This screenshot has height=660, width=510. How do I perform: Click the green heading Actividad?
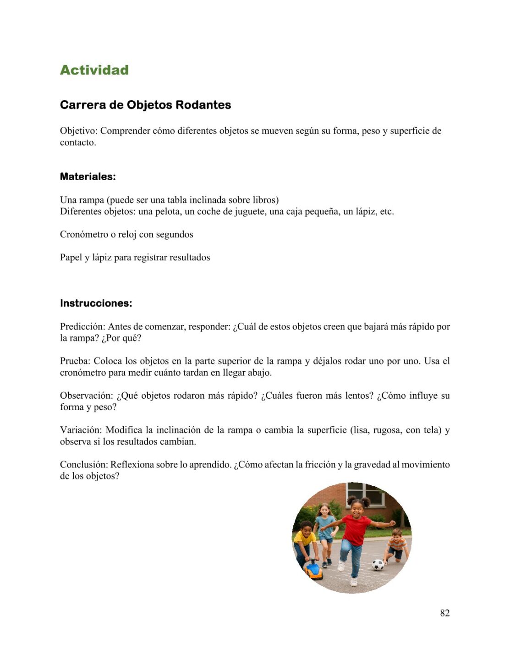(94, 70)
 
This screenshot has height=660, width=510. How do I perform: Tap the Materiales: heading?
(88, 176)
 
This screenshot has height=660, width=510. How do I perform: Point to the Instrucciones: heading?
(96, 303)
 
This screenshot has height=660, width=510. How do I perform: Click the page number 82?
(444, 613)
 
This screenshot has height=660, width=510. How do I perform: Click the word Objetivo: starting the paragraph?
(78, 131)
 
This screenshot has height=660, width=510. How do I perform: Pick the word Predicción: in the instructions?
(82, 327)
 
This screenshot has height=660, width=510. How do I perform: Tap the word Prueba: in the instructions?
(75, 361)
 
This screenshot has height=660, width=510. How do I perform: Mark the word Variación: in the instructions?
(81, 430)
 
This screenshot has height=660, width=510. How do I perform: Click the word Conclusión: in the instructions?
(84, 465)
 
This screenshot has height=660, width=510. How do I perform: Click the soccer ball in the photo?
(378, 565)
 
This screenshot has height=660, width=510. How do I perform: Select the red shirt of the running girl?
(356, 530)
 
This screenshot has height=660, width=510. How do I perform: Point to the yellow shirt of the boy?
(304, 538)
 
